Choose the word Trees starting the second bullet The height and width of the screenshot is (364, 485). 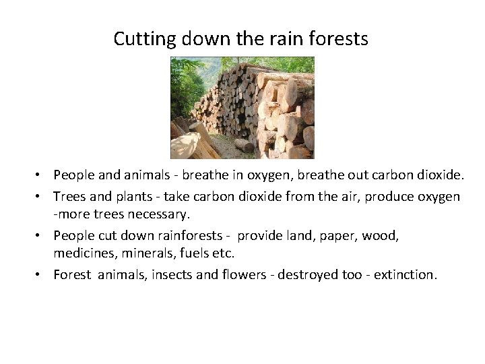tap(70, 196)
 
